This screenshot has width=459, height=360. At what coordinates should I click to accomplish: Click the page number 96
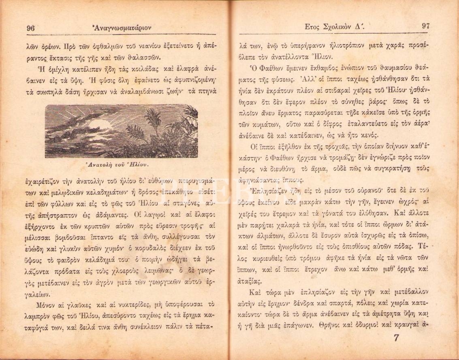click(x=30, y=28)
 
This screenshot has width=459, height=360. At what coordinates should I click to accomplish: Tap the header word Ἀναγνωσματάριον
click(x=122, y=28)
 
